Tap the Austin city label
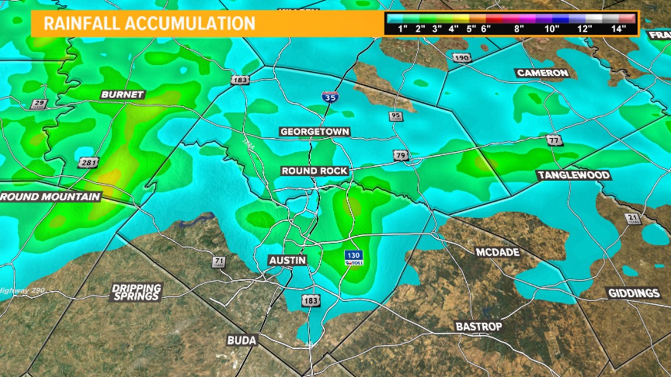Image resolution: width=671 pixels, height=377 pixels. [x=287, y=260]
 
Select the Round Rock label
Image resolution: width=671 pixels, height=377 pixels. [x=315, y=171]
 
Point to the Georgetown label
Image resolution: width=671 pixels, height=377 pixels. [x=315, y=131]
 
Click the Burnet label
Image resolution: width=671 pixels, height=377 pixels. [x=122, y=94]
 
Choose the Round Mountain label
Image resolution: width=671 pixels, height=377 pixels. [x=51, y=196]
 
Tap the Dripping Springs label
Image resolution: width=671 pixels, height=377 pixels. [x=136, y=292]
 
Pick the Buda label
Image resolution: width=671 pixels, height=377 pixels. [x=242, y=341]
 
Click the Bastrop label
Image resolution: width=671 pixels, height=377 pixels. [x=479, y=326]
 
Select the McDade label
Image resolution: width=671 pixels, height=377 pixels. [x=497, y=252]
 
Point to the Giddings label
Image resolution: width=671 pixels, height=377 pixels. [x=635, y=293]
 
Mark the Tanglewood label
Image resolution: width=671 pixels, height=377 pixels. [x=573, y=175]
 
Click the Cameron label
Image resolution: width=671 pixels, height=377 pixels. [x=542, y=73]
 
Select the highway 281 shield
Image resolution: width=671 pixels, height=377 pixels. [x=87, y=162]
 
